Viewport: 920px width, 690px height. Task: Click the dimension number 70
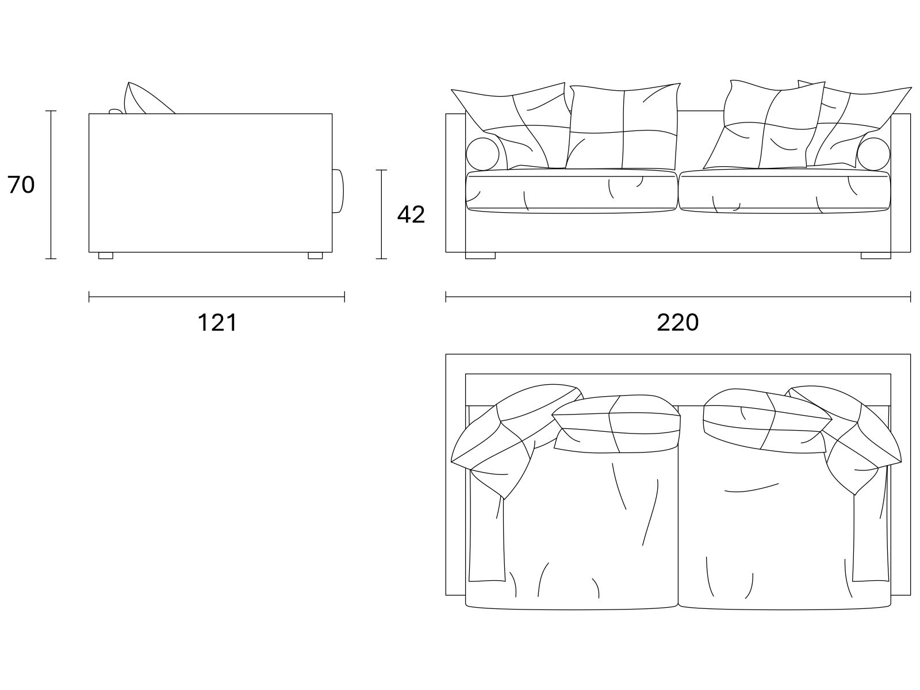(21, 185)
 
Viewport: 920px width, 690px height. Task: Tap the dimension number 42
(411, 214)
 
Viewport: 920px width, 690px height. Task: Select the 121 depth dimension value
(217, 323)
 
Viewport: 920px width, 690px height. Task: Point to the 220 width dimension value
(678, 323)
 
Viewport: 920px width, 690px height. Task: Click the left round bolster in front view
(482, 154)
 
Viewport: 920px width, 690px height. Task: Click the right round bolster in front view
(873, 154)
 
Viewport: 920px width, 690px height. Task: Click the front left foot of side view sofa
(106, 255)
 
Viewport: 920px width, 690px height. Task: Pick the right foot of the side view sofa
(315, 255)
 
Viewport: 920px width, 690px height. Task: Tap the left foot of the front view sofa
(480, 255)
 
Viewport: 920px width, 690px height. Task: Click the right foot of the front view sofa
(876, 255)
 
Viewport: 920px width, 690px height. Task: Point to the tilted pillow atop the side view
(147, 99)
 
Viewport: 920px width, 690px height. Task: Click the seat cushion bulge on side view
(338, 191)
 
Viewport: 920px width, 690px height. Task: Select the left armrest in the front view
(455, 183)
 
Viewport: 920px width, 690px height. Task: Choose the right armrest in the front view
(900, 183)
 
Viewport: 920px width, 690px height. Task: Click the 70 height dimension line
(51, 185)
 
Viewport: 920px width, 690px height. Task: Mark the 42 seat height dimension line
(381, 214)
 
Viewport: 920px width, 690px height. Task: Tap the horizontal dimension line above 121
(217, 297)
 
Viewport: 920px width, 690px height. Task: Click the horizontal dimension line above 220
(678, 297)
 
